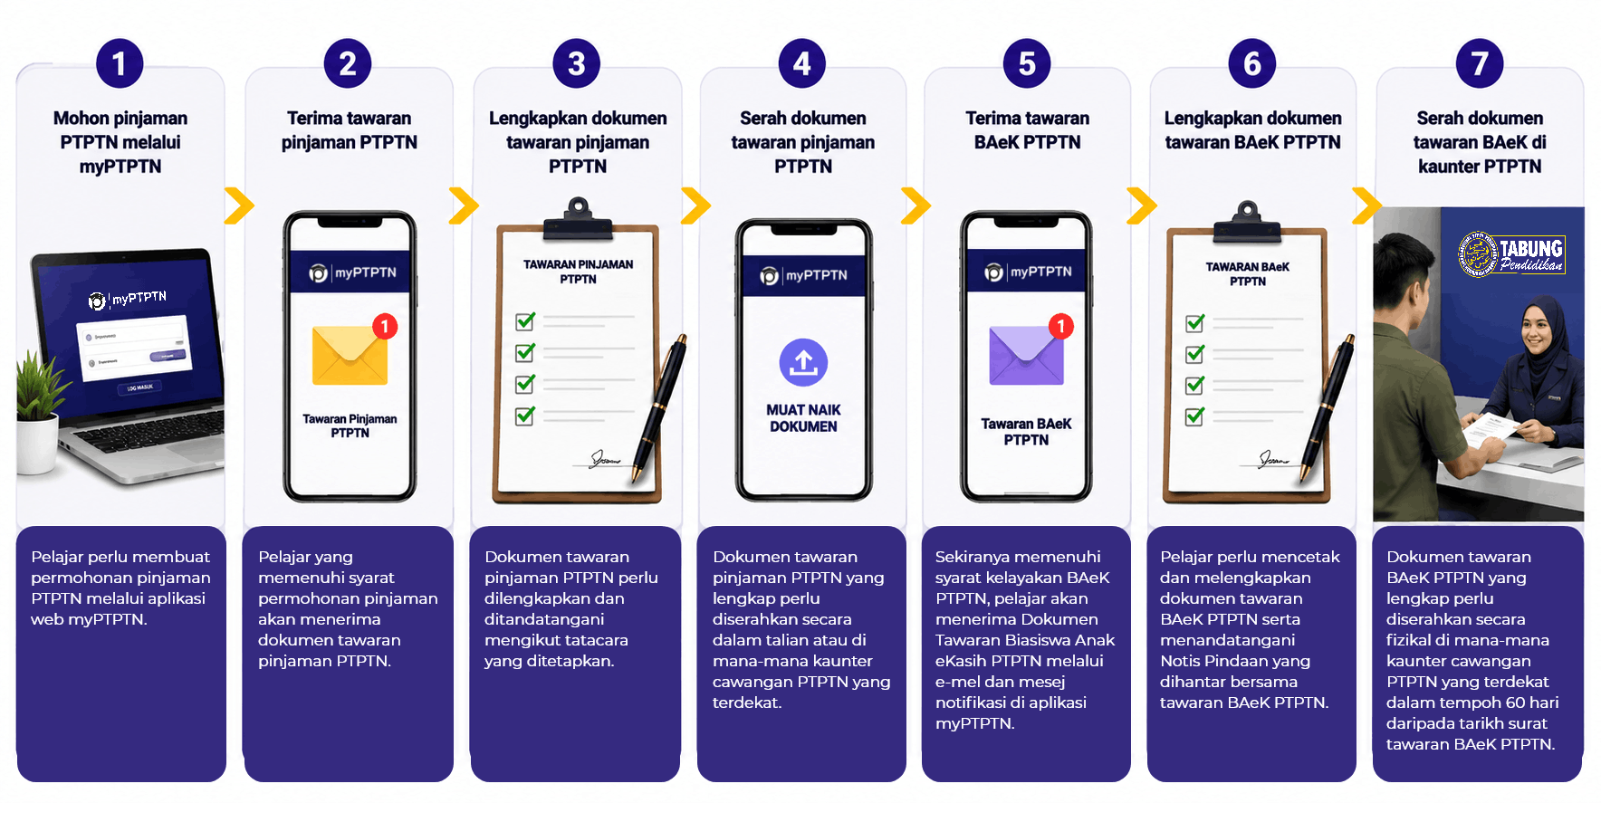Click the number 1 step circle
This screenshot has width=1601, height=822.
(x=120, y=63)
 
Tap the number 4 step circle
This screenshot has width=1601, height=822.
(x=802, y=63)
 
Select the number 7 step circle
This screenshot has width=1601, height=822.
(x=1480, y=63)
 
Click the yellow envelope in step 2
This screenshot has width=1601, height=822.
(x=350, y=355)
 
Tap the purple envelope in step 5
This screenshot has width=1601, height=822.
(x=1026, y=355)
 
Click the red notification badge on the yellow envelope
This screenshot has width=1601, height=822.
(x=385, y=326)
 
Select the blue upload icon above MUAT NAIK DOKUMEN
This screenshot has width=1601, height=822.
(x=803, y=362)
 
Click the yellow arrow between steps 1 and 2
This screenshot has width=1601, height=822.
(x=240, y=205)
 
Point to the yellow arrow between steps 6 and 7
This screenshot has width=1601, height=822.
(x=1366, y=205)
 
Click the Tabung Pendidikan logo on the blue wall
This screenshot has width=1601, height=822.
(x=1511, y=253)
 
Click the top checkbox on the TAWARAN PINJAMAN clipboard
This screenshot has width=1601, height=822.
(x=525, y=320)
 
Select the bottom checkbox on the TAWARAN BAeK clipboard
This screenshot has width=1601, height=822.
(x=1195, y=416)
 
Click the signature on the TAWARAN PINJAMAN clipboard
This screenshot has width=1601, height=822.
(x=605, y=459)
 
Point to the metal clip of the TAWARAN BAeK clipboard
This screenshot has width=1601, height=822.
(x=1249, y=223)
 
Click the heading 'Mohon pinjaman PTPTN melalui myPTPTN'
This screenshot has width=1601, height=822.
(x=120, y=142)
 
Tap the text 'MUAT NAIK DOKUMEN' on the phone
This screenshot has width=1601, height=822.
(x=803, y=418)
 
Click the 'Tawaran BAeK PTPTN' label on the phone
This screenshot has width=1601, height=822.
(x=1026, y=431)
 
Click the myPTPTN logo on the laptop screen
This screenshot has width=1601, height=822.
(x=128, y=299)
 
